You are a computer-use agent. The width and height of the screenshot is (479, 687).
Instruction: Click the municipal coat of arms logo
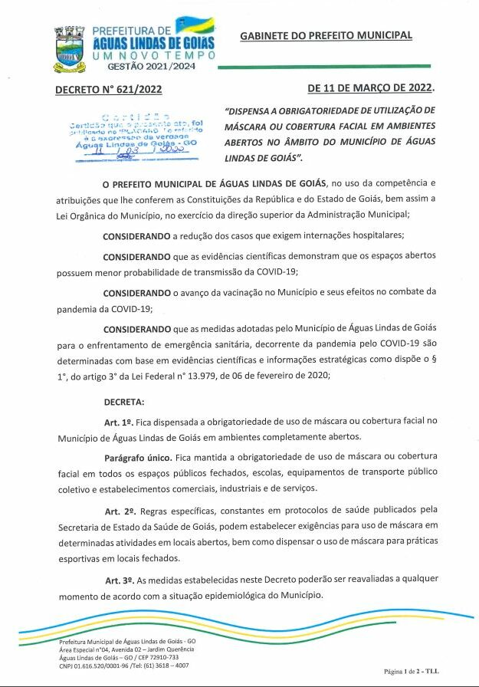click(70, 49)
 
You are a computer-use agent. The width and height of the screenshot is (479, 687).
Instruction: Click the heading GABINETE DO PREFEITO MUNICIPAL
click(326, 36)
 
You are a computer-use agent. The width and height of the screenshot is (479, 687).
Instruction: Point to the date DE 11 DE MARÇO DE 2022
click(370, 89)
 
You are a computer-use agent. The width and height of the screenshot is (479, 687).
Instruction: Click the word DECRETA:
click(123, 401)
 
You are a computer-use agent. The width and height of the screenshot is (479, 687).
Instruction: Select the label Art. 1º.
click(119, 422)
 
